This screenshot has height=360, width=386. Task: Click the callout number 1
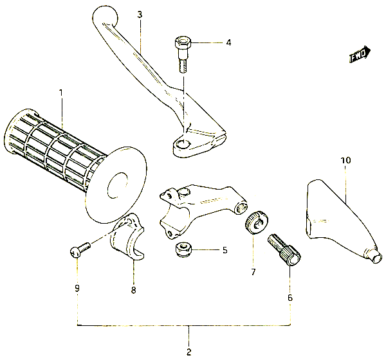61,93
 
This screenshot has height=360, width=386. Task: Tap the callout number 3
140,15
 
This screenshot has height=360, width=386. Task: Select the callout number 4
228,43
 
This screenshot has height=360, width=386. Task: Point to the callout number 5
225,250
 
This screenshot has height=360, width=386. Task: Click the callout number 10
346,161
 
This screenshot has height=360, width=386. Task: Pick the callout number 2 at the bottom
188,352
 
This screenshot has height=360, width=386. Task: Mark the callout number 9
77,288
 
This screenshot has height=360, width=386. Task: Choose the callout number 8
133,290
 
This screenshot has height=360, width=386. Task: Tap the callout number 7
253,272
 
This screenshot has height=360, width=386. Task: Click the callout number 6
290,298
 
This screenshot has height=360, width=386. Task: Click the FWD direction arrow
360,55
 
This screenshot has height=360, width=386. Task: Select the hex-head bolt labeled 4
183,55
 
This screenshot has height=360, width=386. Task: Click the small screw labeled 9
80,249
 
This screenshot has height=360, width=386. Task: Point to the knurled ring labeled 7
257,222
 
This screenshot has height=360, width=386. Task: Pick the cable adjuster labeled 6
284,249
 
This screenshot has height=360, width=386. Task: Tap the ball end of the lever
105,17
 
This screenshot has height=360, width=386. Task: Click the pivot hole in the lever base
183,145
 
